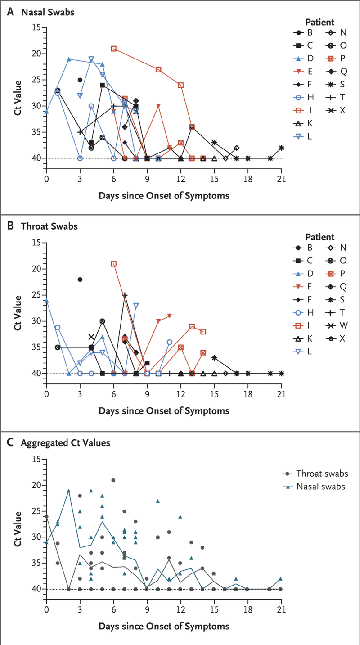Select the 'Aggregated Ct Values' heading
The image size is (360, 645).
click(x=65, y=442)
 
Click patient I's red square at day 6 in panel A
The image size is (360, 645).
click(x=114, y=48)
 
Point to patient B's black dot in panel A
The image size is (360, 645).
click(x=80, y=80)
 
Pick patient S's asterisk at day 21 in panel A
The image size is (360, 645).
click(x=282, y=148)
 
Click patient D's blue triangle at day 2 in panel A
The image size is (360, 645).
click(x=69, y=59)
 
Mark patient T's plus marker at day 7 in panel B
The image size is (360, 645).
click(x=125, y=295)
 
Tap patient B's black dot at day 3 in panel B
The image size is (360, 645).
click(x=80, y=279)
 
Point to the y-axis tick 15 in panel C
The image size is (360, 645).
click(x=36, y=460)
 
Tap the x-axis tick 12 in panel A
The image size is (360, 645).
click(x=181, y=176)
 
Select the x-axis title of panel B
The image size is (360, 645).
click(x=164, y=410)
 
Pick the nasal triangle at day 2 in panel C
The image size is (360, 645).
click(x=69, y=491)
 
